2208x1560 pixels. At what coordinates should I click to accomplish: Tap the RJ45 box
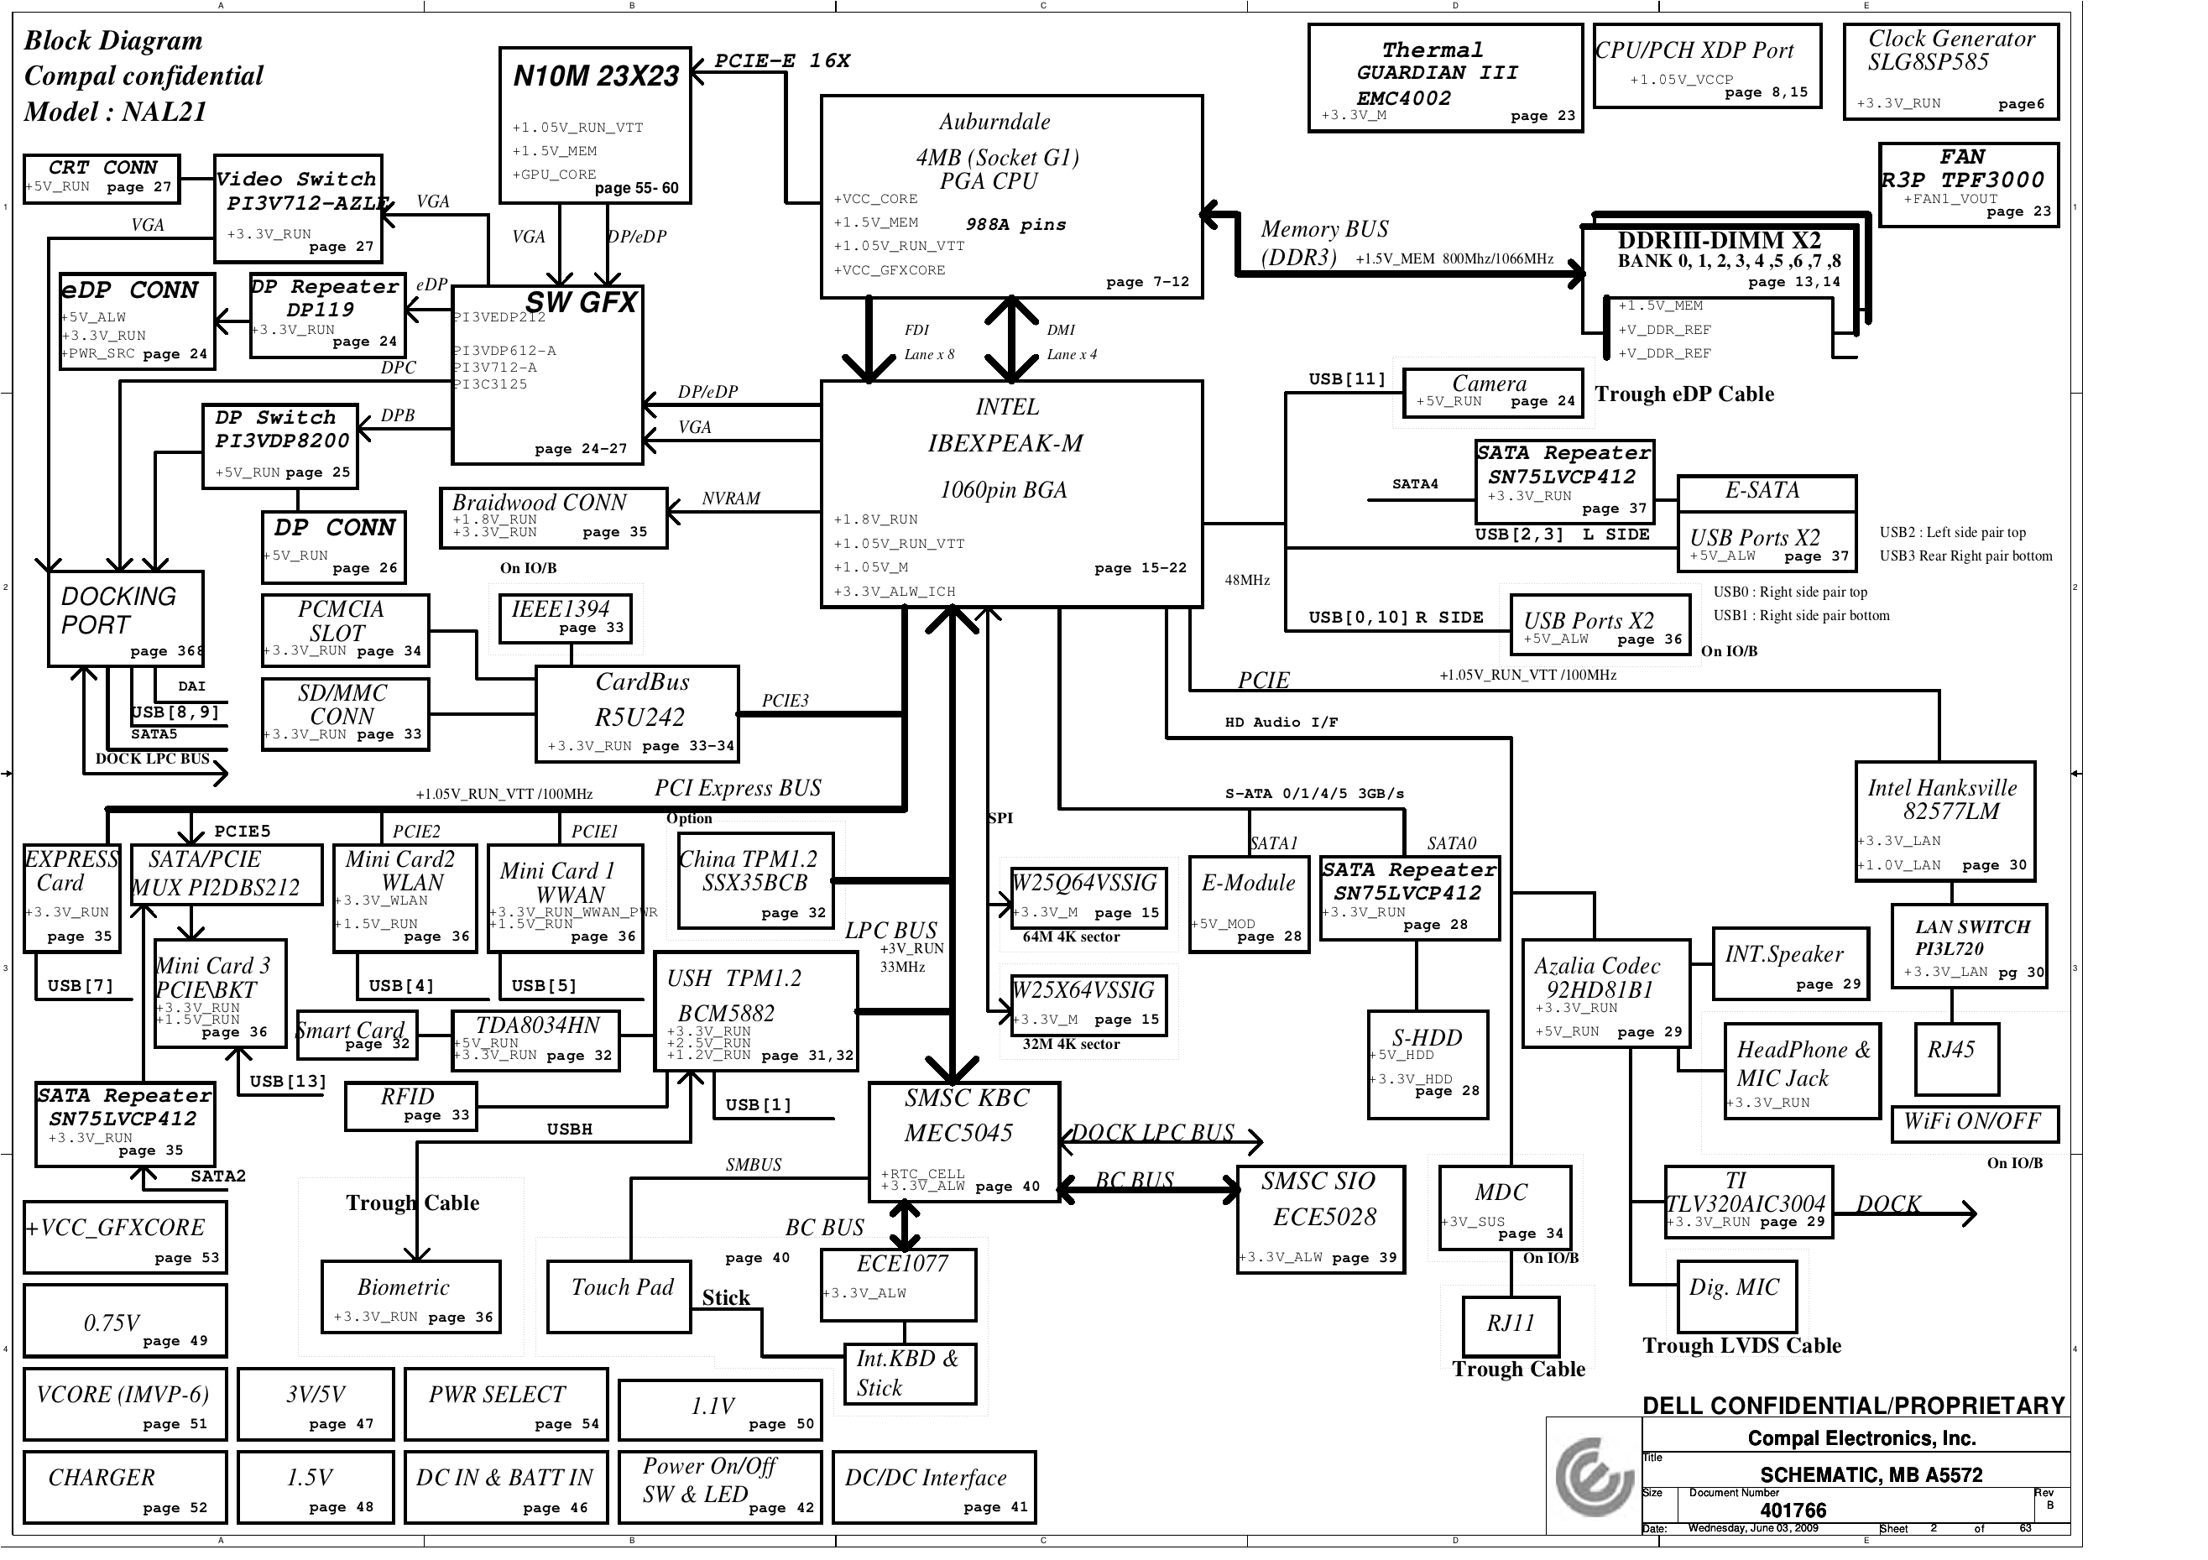(1957, 1058)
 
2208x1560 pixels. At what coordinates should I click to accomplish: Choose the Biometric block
(410, 1296)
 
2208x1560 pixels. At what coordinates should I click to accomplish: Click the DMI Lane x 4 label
(1070, 342)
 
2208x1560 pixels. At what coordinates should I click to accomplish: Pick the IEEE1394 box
(566, 618)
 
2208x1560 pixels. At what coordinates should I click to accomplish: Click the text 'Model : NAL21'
(116, 112)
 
